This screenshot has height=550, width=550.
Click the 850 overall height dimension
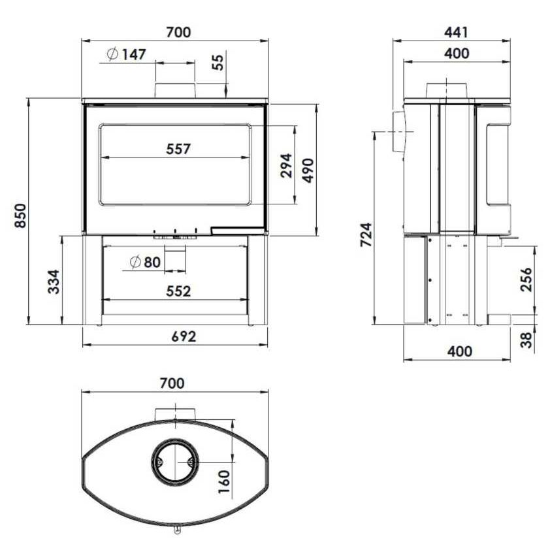click(x=20, y=216)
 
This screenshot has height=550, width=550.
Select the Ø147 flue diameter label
click(x=126, y=54)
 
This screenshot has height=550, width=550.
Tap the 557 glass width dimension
click(x=178, y=149)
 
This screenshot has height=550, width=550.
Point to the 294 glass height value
click(x=287, y=165)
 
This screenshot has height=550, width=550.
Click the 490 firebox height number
click(x=308, y=170)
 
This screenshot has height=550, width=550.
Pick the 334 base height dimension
click(x=54, y=282)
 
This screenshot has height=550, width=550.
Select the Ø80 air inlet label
click(x=145, y=262)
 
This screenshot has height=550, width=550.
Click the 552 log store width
click(x=178, y=291)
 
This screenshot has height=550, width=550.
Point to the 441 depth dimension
click(x=456, y=32)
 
